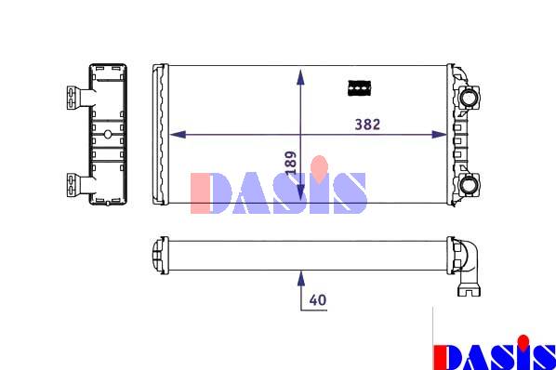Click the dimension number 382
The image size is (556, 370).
point(367,125)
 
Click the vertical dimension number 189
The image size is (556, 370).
point(291,163)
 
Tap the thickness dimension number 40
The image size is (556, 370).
point(318,300)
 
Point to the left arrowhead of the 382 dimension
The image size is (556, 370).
point(178,134)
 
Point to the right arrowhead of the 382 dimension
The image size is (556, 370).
point(439,134)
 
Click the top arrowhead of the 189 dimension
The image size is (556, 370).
point(300,77)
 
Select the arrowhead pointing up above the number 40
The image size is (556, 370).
point(301,279)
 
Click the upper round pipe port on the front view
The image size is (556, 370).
point(470,98)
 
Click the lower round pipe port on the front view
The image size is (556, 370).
point(470,185)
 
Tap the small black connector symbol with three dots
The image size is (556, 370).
point(360,88)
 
